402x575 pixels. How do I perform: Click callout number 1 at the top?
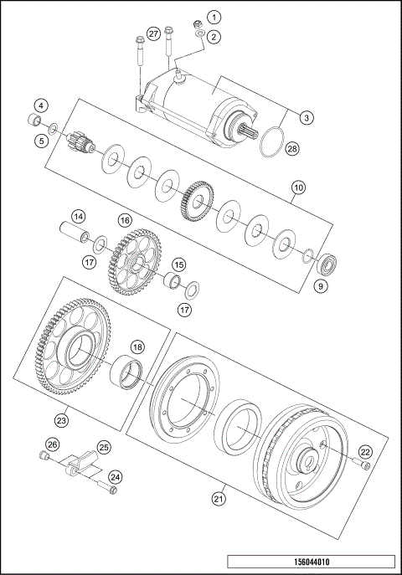point(215,17)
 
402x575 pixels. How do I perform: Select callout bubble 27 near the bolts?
point(153,33)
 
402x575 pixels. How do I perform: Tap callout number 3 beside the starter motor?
point(307,118)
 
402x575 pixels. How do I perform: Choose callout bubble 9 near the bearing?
point(318,285)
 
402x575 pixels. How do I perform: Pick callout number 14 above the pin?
point(78,216)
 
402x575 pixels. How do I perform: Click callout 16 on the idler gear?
point(125,220)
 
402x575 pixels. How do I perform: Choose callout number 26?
point(52,444)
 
